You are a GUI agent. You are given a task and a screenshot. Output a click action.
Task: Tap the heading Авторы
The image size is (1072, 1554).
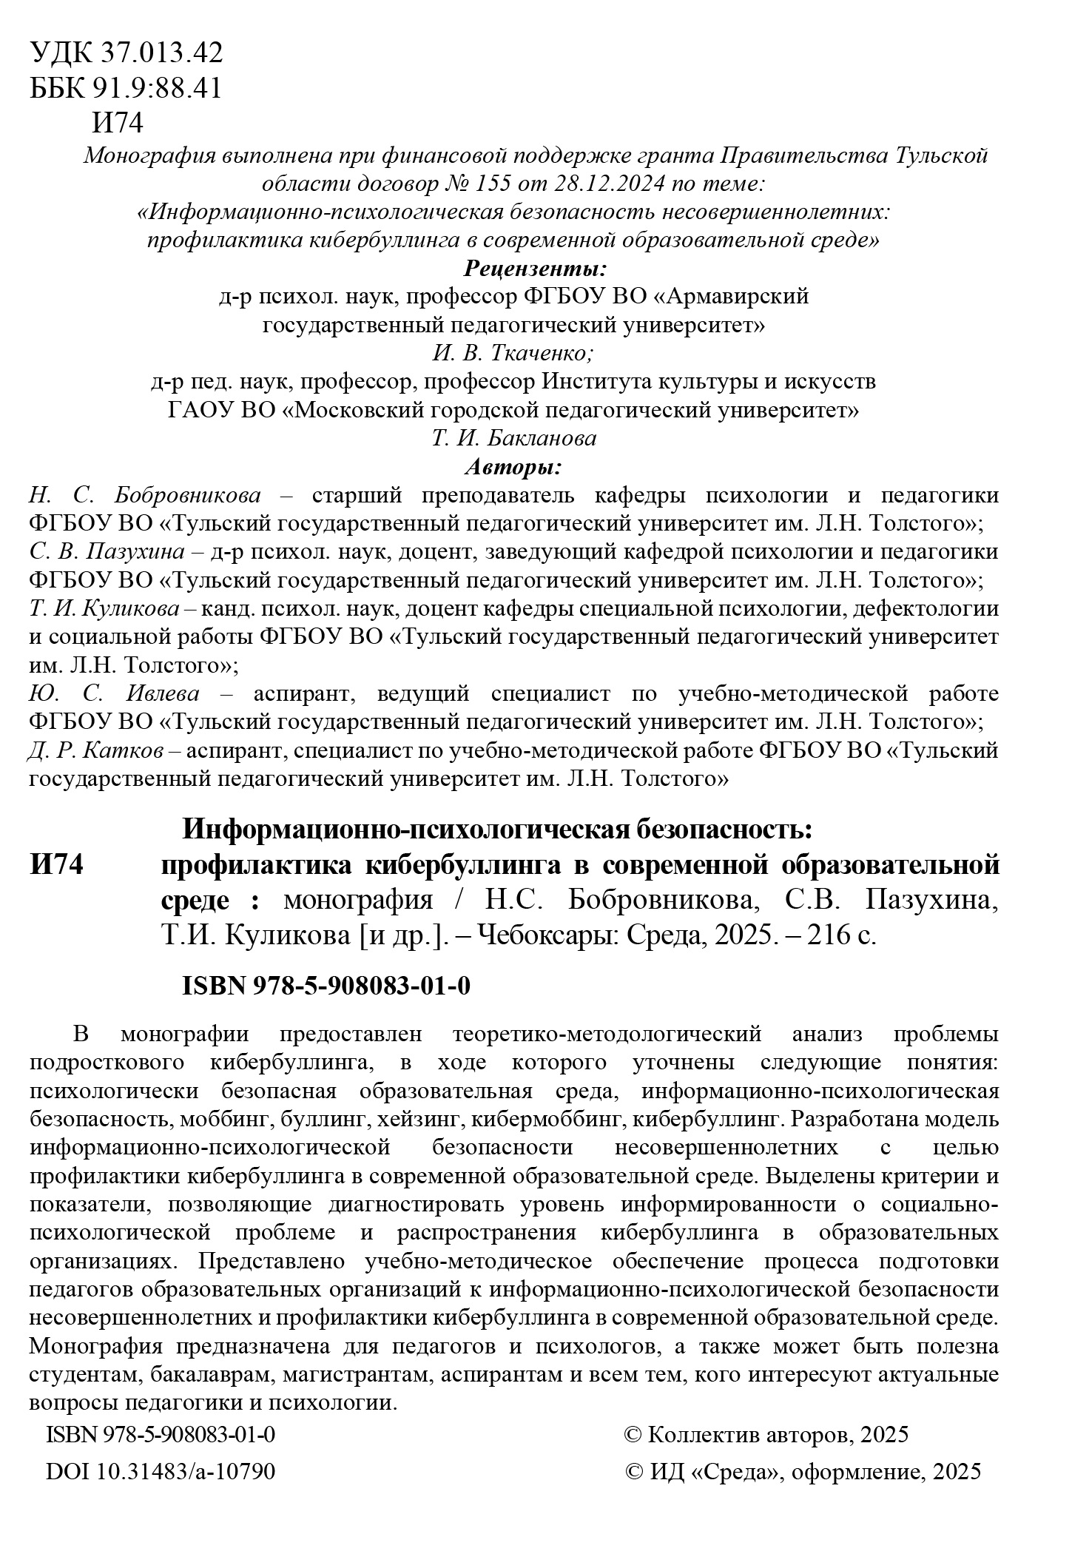click(x=513, y=467)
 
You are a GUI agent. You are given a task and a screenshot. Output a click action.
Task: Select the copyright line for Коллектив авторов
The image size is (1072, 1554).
click(x=766, y=1435)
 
